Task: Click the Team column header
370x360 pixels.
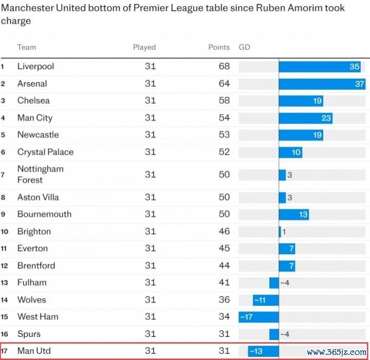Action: pos(27,47)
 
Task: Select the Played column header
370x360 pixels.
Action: pos(144,47)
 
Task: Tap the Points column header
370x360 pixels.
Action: pos(219,47)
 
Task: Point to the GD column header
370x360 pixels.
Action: pos(245,47)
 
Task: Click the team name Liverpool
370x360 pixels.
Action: pos(35,66)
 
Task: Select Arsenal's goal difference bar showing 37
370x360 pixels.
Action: pos(322,84)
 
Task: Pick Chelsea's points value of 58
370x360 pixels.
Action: pos(224,101)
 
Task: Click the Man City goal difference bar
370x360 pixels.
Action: pos(305,118)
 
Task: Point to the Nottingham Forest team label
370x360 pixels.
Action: pos(41,174)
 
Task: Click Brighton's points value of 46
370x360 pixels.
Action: pos(224,231)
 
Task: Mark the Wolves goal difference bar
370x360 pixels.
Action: pos(266,300)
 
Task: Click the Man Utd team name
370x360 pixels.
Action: pos(34,351)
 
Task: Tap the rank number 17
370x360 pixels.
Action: pos(5,351)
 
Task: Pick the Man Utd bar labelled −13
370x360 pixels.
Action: pos(264,351)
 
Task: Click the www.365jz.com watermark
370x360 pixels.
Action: pos(337,352)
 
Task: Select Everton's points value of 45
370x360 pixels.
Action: pos(224,249)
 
